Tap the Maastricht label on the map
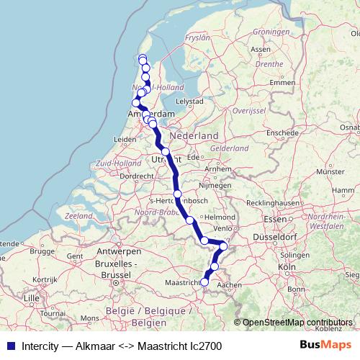tap(183, 282)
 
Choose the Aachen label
tap(229, 284)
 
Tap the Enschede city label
tap(283, 133)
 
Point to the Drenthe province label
tap(269, 64)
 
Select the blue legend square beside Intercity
tap(11, 346)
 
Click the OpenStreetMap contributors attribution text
tap(298, 323)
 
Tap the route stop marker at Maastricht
tap(204, 282)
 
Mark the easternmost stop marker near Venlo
tap(223, 246)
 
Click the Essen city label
tap(274, 218)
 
